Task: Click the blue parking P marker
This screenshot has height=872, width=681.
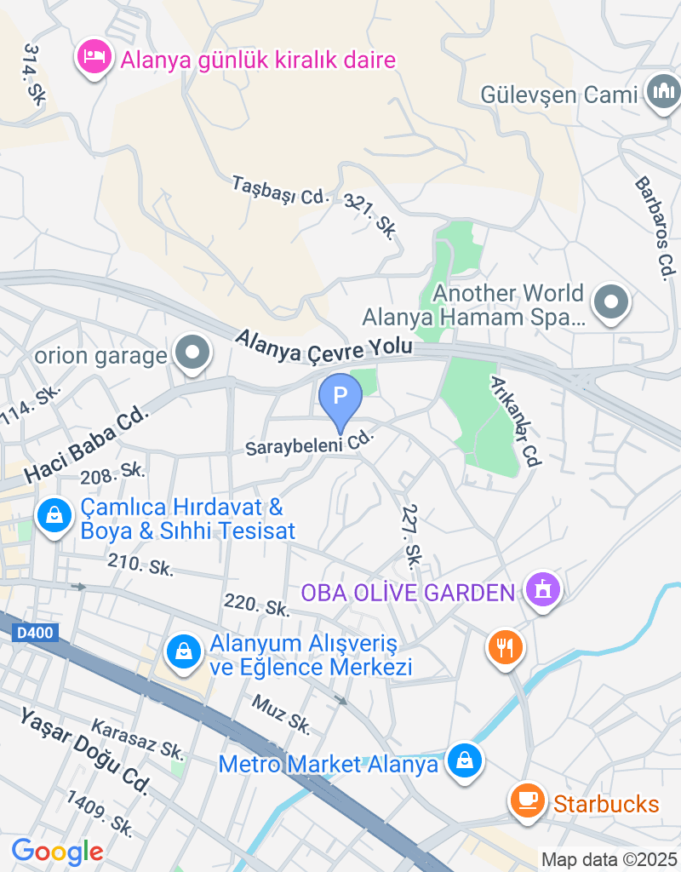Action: click(x=340, y=397)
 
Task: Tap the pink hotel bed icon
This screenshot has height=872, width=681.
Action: click(x=94, y=57)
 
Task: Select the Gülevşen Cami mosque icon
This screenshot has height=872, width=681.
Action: click(x=663, y=91)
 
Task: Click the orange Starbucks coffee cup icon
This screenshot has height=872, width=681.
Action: click(x=527, y=800)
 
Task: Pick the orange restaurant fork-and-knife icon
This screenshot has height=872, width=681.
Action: click(x=506, y=647)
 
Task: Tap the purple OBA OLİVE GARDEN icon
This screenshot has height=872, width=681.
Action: click(x=542, y=588)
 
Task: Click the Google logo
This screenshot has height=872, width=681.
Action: click(x=57, y=851)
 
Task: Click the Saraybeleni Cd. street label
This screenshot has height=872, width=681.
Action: click(x=310, y=444)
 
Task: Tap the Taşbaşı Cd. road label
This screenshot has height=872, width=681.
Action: click(x=280, y=190)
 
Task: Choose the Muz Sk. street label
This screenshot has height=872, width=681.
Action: click(x=282, y=714)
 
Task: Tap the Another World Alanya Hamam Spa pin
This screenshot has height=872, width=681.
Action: click(x=611, y=303)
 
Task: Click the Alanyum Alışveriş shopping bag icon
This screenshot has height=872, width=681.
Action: click(x=183, y=652)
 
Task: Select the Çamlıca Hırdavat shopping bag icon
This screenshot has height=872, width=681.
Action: click(x=54, y=515)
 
